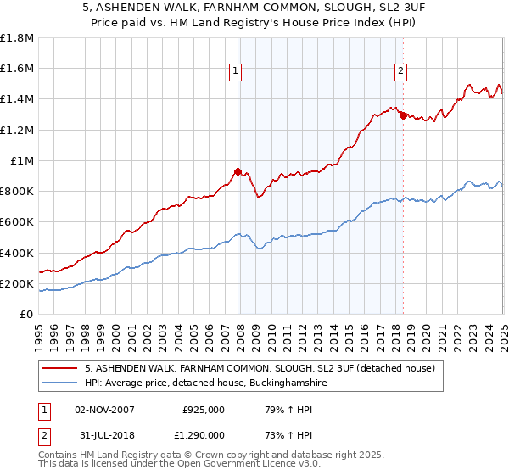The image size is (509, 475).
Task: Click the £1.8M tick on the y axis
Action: tap(17, 38)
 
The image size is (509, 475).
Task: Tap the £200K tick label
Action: tap(17, 283)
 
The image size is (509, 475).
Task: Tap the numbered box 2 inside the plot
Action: tap(400, 71)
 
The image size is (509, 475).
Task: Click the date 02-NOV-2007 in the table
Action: tap(105, 410)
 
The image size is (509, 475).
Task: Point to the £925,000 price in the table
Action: tap(204, 410)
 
